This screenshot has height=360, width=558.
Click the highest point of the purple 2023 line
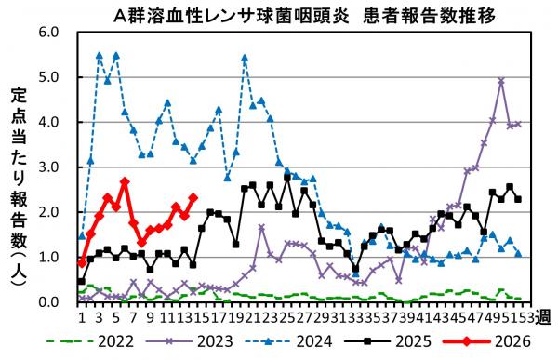[501, 81]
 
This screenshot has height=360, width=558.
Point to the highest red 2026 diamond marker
[125, 181]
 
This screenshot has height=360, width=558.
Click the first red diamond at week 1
[82, 262]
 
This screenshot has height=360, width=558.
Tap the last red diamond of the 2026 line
[193, 197]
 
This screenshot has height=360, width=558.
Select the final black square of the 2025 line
[518, 199]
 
